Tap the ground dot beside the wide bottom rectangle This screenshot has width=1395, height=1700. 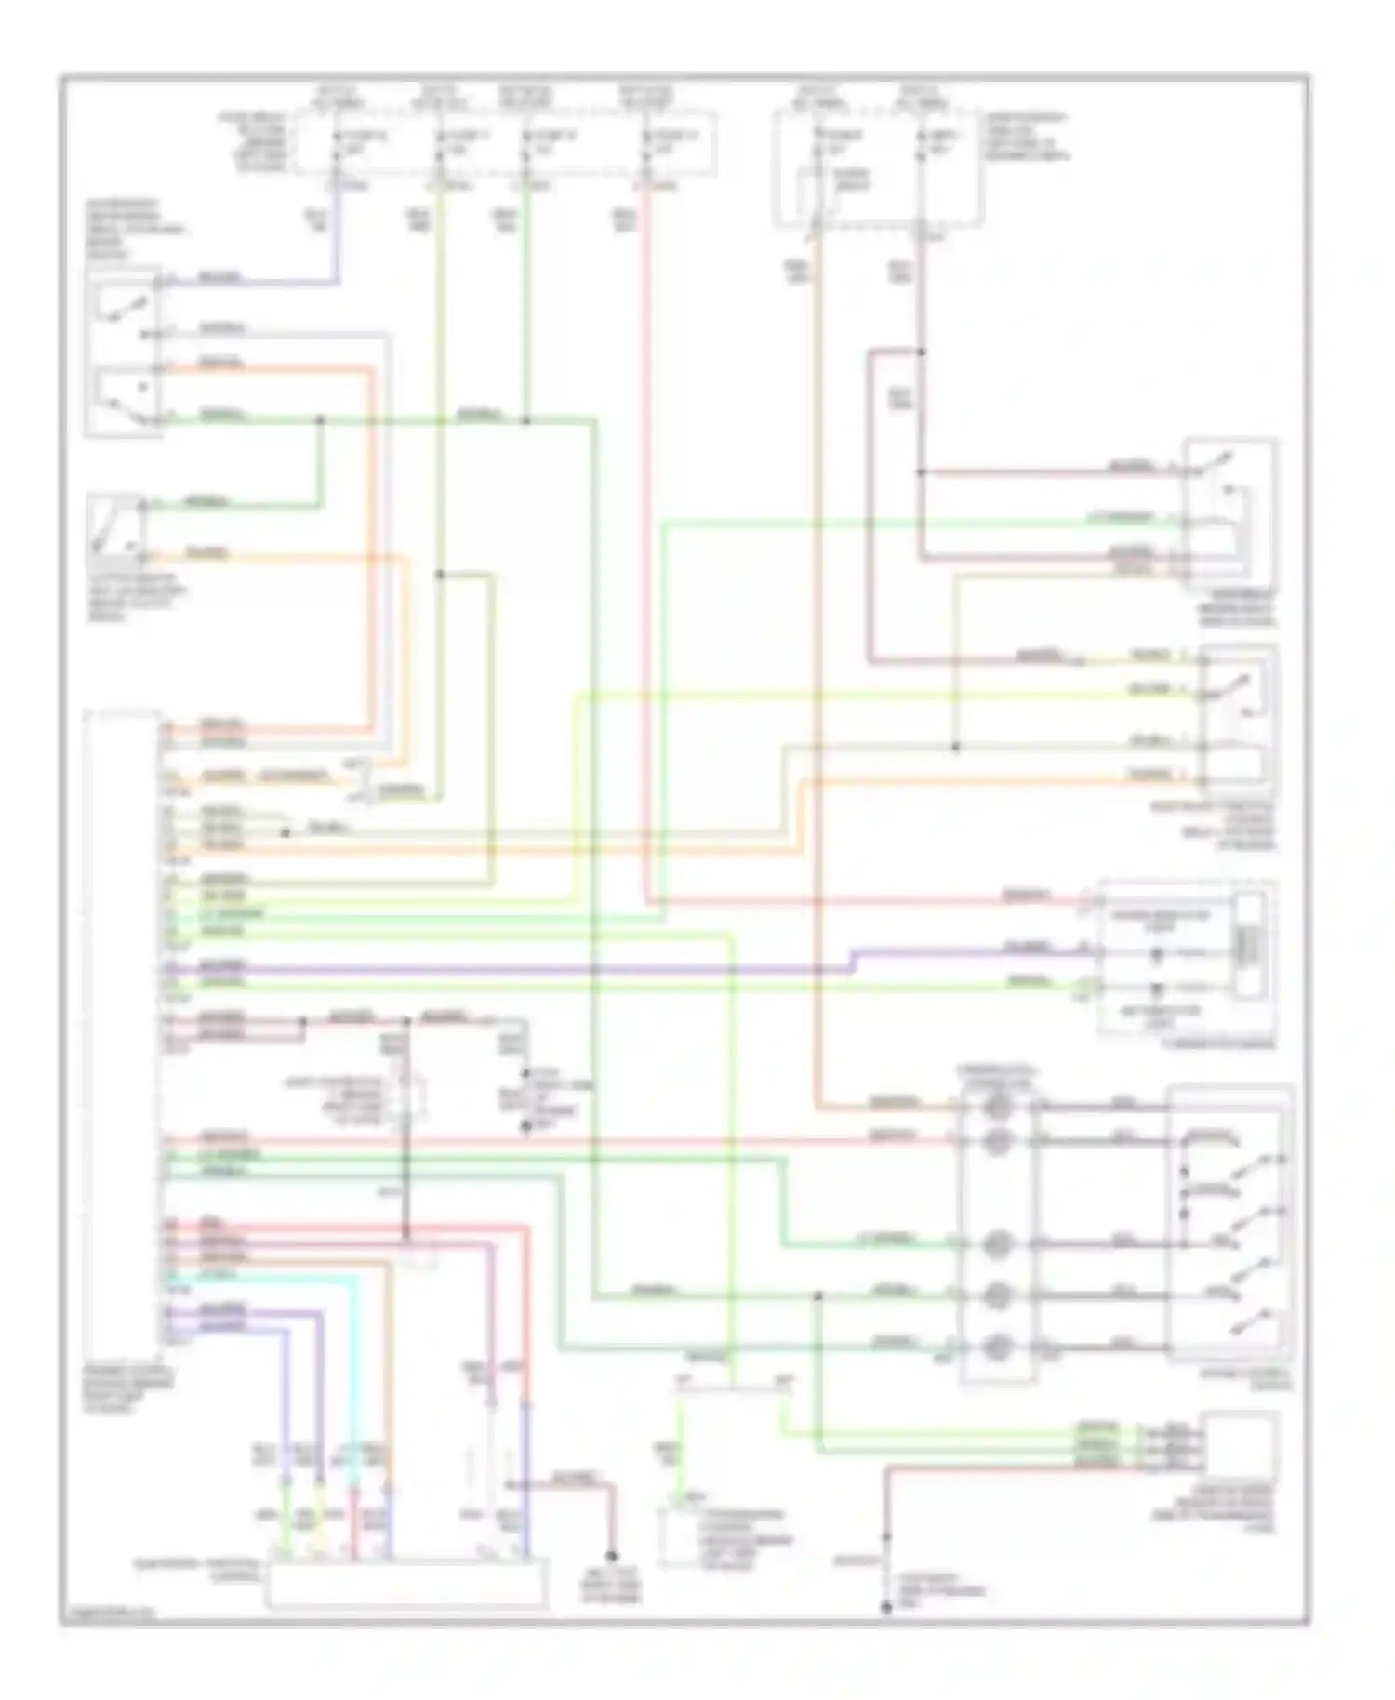612,1556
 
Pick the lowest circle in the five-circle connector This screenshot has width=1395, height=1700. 996,1346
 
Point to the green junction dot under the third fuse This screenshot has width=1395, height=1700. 525,421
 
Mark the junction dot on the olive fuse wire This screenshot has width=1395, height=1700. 440,575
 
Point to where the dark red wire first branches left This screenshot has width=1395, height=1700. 921,352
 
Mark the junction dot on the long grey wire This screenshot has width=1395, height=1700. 955,747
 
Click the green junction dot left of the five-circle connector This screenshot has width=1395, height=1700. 818,1295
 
